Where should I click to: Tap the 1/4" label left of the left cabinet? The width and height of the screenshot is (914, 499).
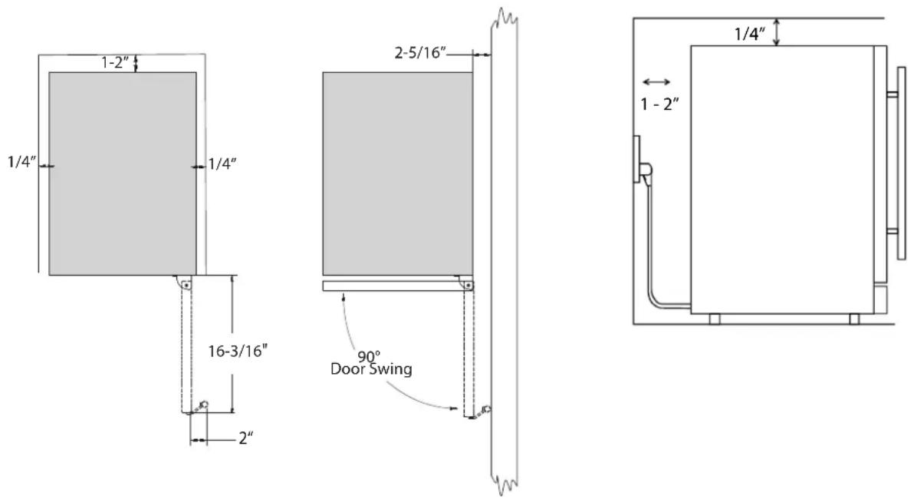tap(22, 162)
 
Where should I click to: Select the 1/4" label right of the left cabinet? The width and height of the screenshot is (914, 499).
tap(222, 164)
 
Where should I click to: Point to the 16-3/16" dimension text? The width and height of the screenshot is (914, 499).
tap(238, 351)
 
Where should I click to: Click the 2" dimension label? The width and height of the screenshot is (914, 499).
tap(246, 437)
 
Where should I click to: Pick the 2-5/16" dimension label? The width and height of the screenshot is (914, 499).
tap(420, 52)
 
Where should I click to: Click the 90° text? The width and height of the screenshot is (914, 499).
tap(368, 357)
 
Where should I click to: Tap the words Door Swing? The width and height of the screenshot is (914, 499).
tap(371, 368)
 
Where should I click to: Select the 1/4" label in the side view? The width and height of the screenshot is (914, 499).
tap(750, 34)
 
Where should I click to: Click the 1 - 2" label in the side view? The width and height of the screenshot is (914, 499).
tap(660, 104)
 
